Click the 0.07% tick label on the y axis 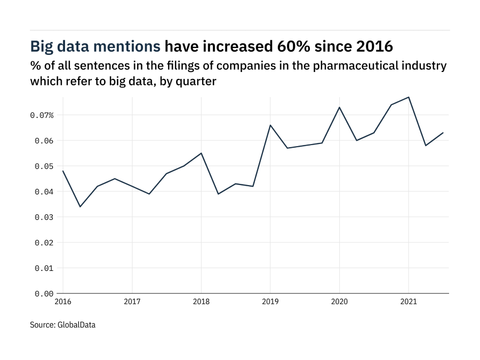point(42,115)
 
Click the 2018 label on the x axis point(201,302)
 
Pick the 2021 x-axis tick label point(409,302)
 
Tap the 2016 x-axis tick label point(63,302)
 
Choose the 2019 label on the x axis point(270,302)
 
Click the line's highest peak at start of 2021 point(409,97)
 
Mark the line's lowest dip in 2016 point(80,206)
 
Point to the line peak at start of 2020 point(339,107)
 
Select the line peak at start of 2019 point(270,125)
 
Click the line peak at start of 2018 point(201,153)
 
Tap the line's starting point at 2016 point(63,171)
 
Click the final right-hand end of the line point(443,133)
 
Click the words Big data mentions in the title point(95,46)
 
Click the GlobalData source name point(76,324)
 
